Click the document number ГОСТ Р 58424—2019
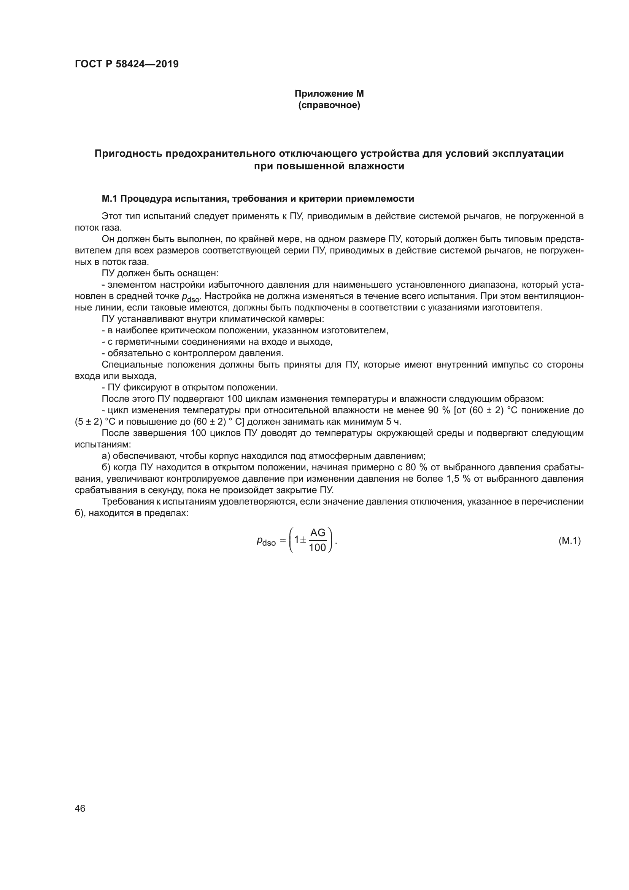(127, 64)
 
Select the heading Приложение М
(329, 94)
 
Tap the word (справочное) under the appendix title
(329, 105)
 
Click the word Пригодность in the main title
(128, 154)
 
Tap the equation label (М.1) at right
(569, 541)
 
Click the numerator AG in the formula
(318, 533)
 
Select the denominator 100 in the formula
(318, 548)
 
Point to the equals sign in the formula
(283, 541)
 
